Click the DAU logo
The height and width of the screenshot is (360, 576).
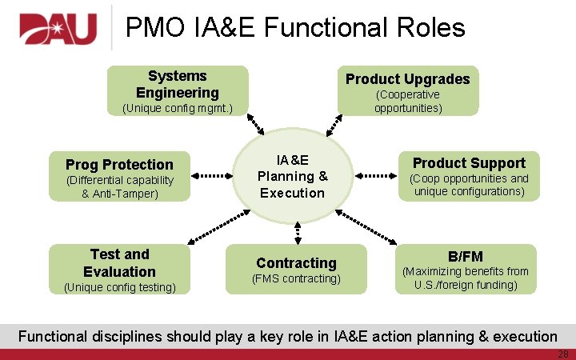[x=58, y=29]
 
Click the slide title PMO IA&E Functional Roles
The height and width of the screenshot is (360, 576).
[x=295, y=28]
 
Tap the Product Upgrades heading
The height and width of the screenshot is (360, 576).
[x=407, y=78]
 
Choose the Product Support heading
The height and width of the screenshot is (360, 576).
[x=468, y=162]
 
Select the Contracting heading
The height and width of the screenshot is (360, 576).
[x=296, y=262]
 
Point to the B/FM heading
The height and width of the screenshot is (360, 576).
[x=465, y=256]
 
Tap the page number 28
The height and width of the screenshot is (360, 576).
[x=564, y=353]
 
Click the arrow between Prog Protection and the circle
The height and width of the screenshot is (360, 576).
[x=212, y=174]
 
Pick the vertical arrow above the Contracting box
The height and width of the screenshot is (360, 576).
[x=297, y=231]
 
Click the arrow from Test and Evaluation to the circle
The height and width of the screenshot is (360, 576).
[x=214, y=227]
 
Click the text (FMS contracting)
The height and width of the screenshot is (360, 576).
[x=296, y=278]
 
